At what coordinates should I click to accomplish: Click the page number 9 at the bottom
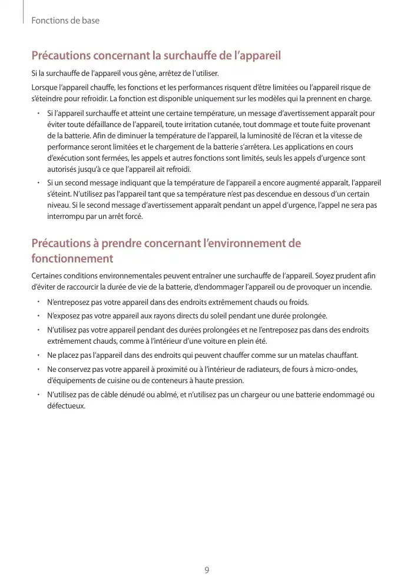[207, 570]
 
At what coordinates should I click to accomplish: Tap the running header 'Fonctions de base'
[65, 21]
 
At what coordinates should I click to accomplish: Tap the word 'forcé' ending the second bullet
[133, 216]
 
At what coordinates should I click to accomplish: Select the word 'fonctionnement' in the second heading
[72, 258]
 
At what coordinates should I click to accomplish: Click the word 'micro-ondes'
[337, 369]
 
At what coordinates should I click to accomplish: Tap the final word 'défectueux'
[66, 406]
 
